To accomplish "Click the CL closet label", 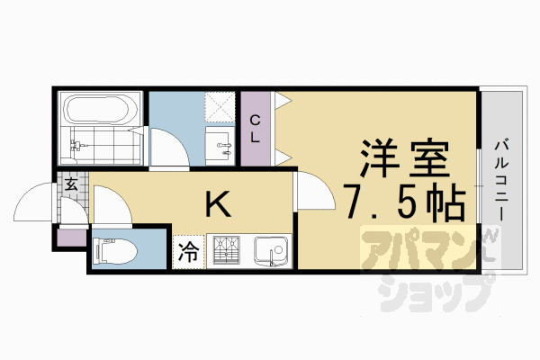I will click(255, 128).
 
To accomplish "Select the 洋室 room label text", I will click(404, 163).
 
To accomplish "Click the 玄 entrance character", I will click(70, 184).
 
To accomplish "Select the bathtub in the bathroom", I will click(99, 112).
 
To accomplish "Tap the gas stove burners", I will click(225, 250).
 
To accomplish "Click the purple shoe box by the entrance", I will click(70, 238).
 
